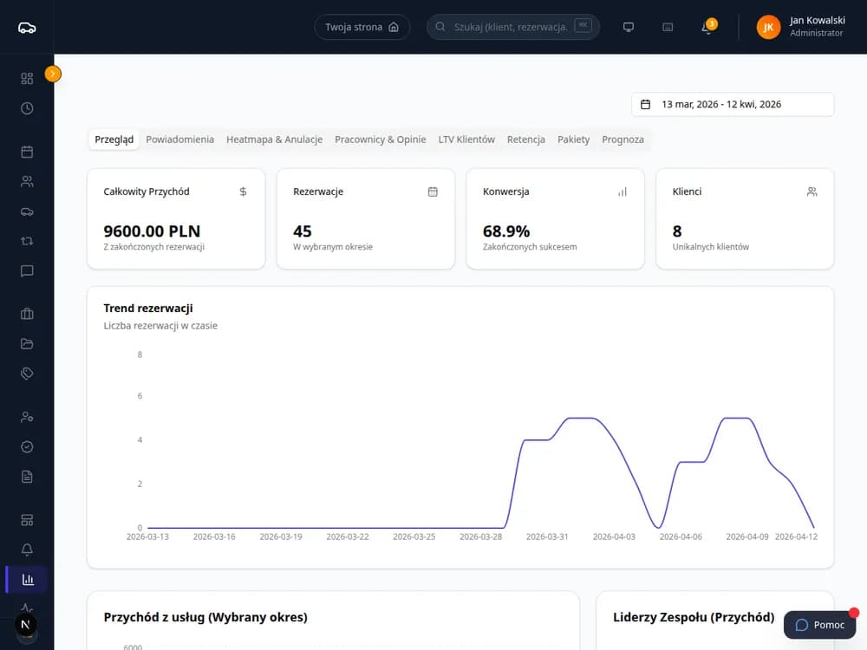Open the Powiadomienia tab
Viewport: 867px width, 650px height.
pyautogui.click(x=179, y=140)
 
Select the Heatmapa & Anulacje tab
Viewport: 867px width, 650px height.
pyautogui.click(x=274, y=140)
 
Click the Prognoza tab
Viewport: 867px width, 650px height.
pyautogui.click(x=623, y=140)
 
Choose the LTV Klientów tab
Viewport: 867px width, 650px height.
pyautogui.click(x=466, y=140)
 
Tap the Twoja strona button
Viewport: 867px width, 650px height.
pyautogui.click(x=362, y=27)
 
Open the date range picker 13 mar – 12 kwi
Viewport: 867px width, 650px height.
pyautogui.click(x=733, y=105)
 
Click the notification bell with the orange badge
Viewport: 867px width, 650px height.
pyautogui.click(x=707, y=27)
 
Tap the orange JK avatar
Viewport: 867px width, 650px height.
pyautogui.click(x=768, y=27)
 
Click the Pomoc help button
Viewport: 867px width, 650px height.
pyautogui.click(x=819, y=625)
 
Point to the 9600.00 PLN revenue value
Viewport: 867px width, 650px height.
pyautogui.click(x=152, y=231)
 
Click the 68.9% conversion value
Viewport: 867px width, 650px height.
pyautogui.click(x=506, y=231)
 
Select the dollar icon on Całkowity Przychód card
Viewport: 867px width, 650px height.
pyautogui.click(x=243, y=192)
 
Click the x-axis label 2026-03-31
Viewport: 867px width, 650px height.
pyautogui.click(x=547, y=536)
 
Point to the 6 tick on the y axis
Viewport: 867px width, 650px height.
pyautogui.click(x=140, y=396)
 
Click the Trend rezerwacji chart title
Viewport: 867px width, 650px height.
pyautogui.click(x=148, y=309)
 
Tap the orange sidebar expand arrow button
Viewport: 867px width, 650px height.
pyautogui.click(x=53, y=74)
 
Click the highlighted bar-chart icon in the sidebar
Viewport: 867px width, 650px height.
pyautogui.click(x=28, y=579)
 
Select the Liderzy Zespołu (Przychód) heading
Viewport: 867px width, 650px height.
pyautogui.click(x=694, y=617)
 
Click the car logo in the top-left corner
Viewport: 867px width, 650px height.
pyautogui.click(x=27, y=28)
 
